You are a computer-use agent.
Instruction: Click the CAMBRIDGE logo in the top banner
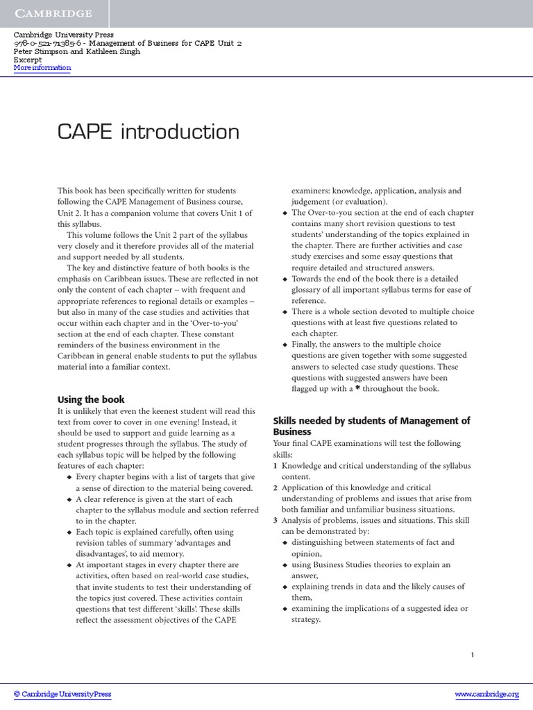(53, 13)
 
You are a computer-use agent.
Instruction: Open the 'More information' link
(42, 68)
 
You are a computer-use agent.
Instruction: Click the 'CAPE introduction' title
(149, 132)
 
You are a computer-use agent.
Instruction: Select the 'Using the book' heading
(91, 399)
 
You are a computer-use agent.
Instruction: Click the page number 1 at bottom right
(473, 654)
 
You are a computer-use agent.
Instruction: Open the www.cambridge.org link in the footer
(487, 694)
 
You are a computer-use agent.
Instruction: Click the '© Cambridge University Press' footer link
(62, 694)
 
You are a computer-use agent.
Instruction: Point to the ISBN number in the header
(42, 43)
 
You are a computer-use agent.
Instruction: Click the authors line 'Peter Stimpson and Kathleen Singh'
(77, 51)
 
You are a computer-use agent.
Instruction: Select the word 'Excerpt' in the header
(28, 60)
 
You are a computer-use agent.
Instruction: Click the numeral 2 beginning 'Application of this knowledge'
(276, 488)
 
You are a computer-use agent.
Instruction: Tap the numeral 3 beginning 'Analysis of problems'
(276, 521)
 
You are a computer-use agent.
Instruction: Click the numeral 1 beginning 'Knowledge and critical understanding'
(276, 466)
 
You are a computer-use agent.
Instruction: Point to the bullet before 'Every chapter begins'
(68, 478)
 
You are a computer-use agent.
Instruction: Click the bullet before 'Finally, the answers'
(285, 345)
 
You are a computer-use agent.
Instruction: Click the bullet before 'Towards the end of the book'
(285, 279)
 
